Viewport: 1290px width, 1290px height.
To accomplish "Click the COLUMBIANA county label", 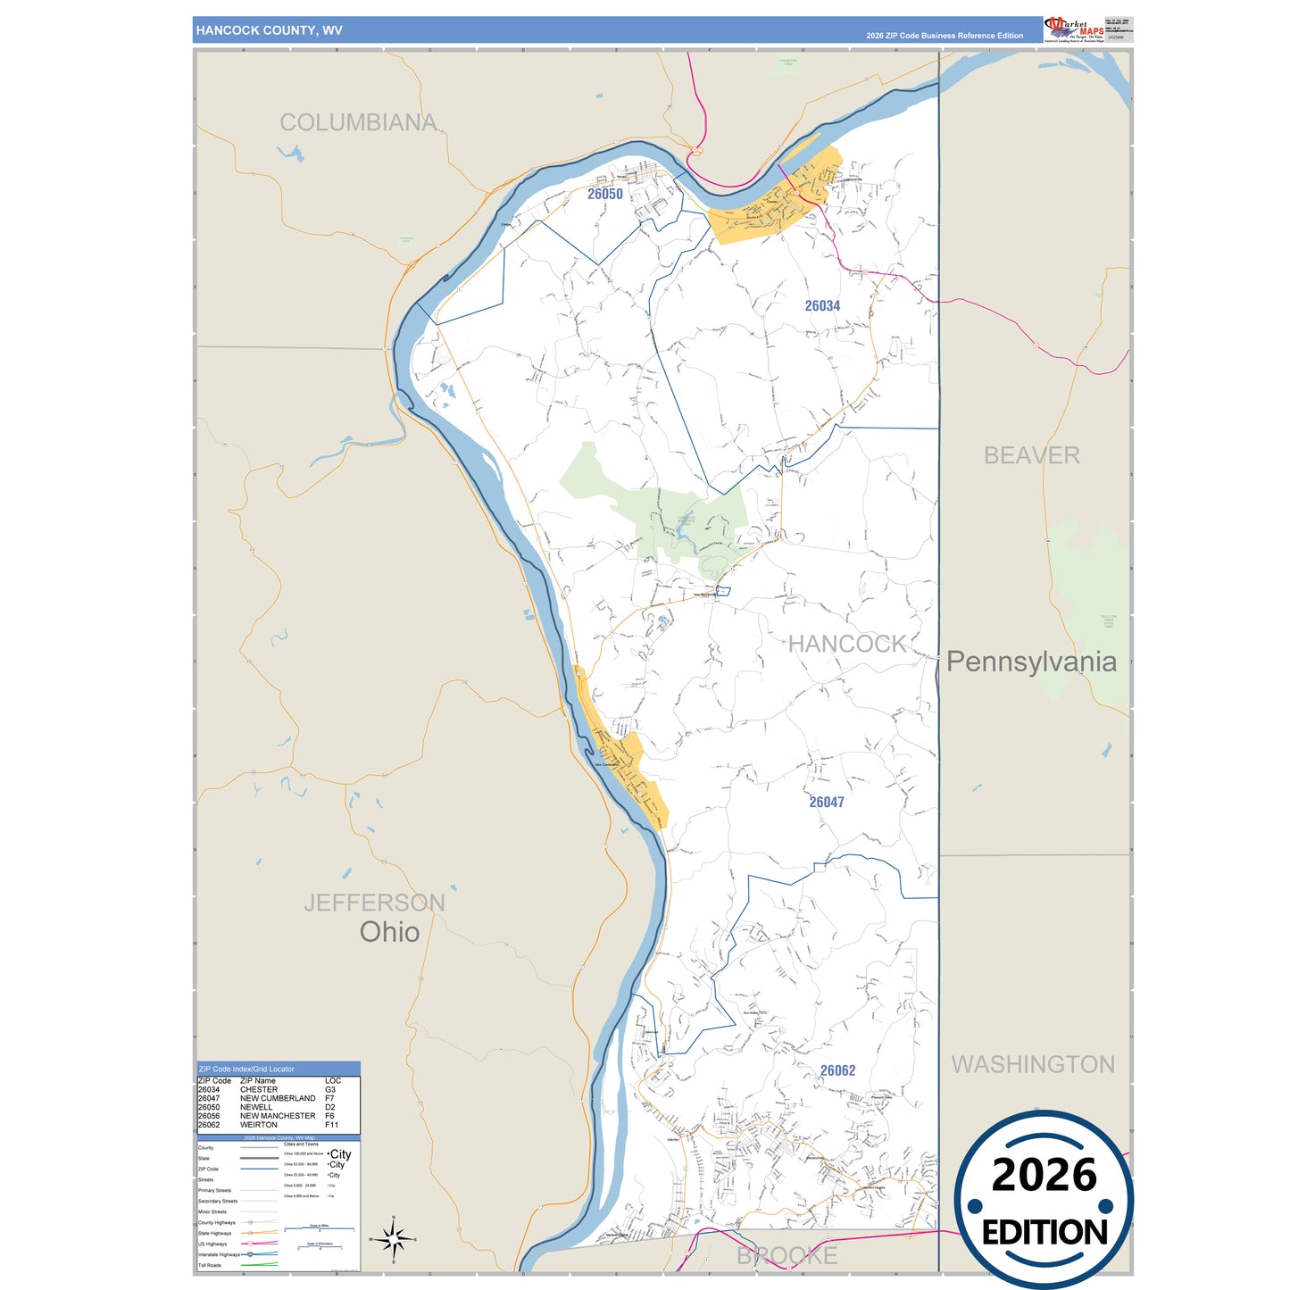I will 358,122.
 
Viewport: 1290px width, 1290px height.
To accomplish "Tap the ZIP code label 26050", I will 605,194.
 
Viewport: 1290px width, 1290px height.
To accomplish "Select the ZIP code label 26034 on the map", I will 822,305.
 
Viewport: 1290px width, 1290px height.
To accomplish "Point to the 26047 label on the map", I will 827,802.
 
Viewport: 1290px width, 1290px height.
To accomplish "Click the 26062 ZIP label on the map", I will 837,1070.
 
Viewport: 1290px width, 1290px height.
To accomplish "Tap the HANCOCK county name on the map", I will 846,644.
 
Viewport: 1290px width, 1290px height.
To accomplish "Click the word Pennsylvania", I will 1031,662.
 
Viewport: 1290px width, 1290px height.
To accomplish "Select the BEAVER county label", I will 1031,455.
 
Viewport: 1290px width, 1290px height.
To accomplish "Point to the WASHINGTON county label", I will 1033,1064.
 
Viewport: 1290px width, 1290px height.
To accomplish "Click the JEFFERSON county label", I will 374,903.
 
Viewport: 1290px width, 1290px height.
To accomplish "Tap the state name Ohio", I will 389,932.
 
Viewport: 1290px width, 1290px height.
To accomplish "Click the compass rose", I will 393,1239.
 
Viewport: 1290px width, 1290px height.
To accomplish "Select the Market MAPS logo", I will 1074,29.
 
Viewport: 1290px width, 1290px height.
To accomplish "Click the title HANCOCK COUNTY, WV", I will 269,30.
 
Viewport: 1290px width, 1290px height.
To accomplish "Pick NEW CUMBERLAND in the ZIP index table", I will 278,1098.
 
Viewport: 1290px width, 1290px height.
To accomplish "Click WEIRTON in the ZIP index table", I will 259,1125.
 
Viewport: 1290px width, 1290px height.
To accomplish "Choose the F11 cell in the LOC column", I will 331,1125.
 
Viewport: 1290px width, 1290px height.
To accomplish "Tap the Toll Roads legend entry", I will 210,1265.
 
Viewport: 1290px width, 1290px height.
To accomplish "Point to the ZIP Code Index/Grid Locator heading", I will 246,1069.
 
